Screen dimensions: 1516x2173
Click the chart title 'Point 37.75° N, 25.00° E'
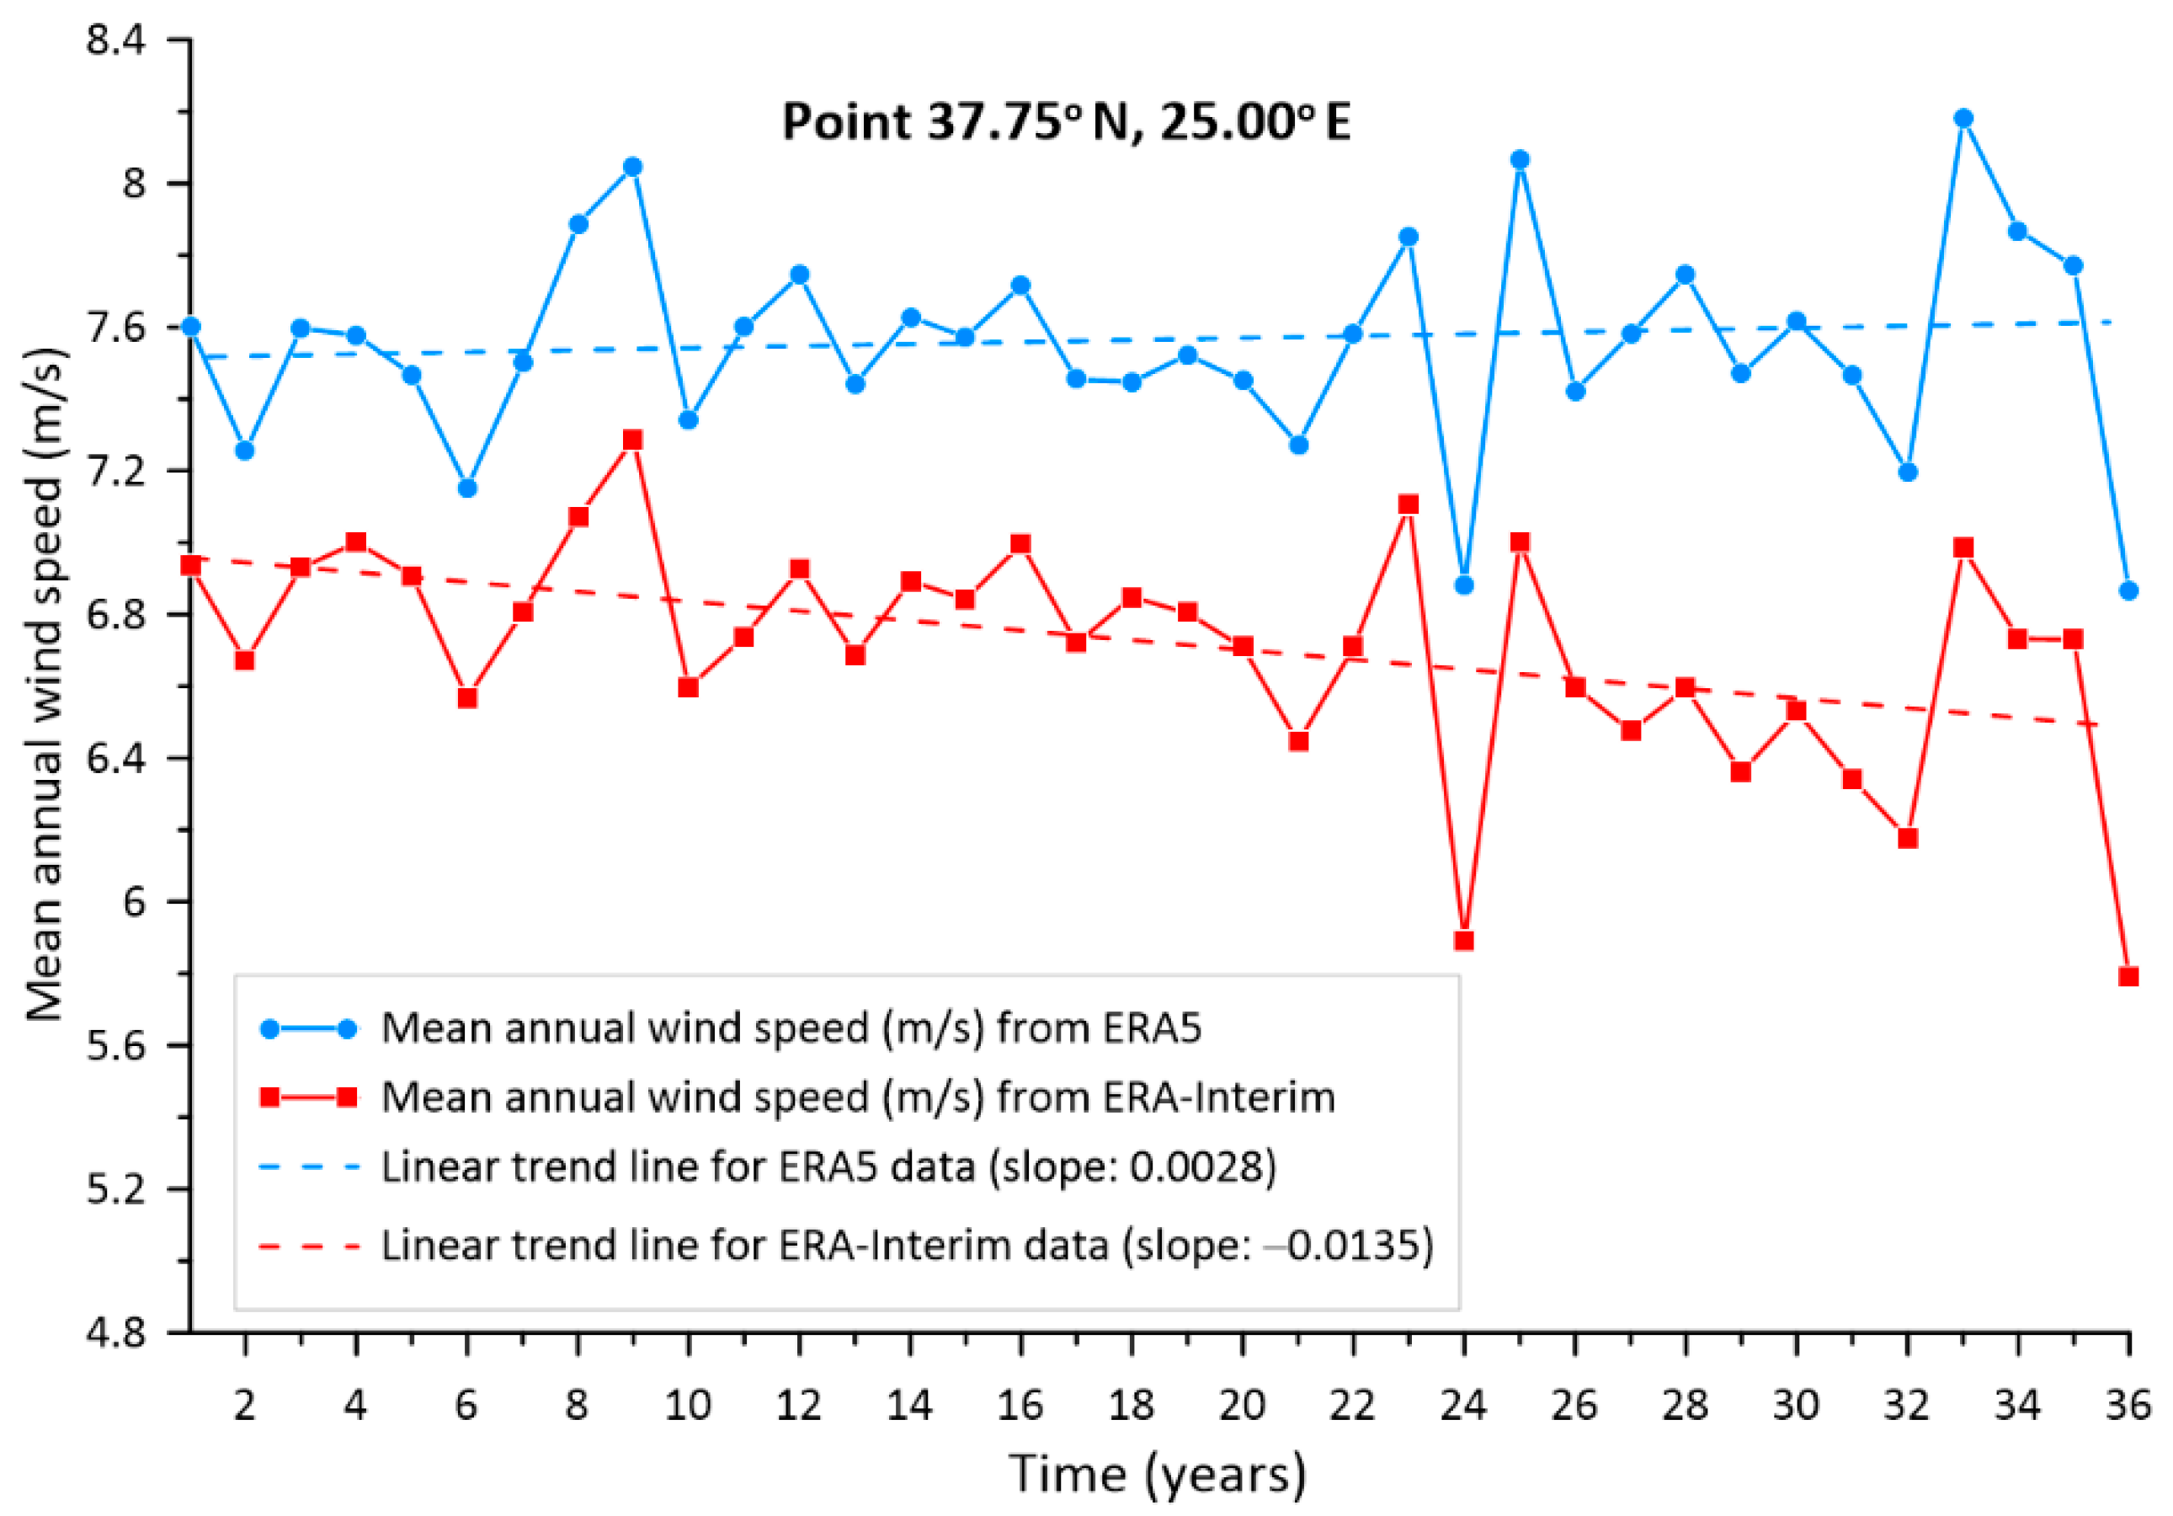click(1067, 123)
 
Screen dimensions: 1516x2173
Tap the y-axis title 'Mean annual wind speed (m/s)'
click(44, 684)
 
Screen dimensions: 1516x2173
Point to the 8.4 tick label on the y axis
click(115, 40)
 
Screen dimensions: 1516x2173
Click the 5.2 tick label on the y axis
click(115, 1189)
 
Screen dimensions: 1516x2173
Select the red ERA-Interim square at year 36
click(2128, 977)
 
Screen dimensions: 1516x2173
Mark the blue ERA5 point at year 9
click(633, 167)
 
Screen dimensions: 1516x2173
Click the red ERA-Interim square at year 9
click(633, 440)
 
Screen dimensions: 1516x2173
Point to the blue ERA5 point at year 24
click(1464, 585)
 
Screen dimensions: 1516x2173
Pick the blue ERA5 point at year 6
click(467, 488)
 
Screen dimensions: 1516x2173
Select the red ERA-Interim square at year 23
click(1409, 504)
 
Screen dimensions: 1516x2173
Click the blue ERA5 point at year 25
click(1520, 160)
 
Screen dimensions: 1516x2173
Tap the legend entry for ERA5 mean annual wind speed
click(791, 1028)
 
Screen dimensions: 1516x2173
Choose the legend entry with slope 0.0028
click(828, 1166)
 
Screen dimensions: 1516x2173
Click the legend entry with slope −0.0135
click(907, 1245)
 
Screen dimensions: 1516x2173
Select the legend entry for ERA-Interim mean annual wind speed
click(857, 1097)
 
